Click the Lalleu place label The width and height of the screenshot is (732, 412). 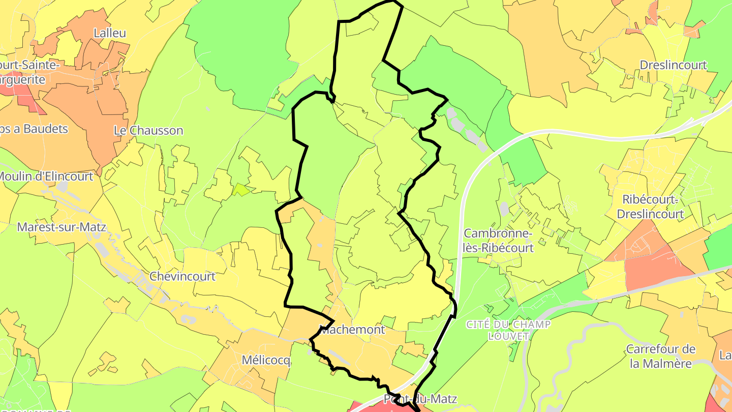point(110,33)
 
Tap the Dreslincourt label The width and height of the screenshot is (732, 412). point(673,65)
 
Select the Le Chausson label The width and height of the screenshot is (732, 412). point(148,130)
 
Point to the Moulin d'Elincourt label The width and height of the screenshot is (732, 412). point(46,176)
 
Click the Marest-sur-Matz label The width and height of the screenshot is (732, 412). point(62,227)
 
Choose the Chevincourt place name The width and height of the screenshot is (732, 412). point(182,276)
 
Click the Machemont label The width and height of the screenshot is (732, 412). point(352,330)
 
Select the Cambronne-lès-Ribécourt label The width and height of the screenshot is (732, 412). point(499,241)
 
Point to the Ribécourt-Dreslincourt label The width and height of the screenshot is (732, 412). point(650,207)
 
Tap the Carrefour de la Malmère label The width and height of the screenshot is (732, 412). point(660,356)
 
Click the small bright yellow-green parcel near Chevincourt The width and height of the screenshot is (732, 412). point(241,190)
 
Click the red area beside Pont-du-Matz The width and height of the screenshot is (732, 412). point(366,406)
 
